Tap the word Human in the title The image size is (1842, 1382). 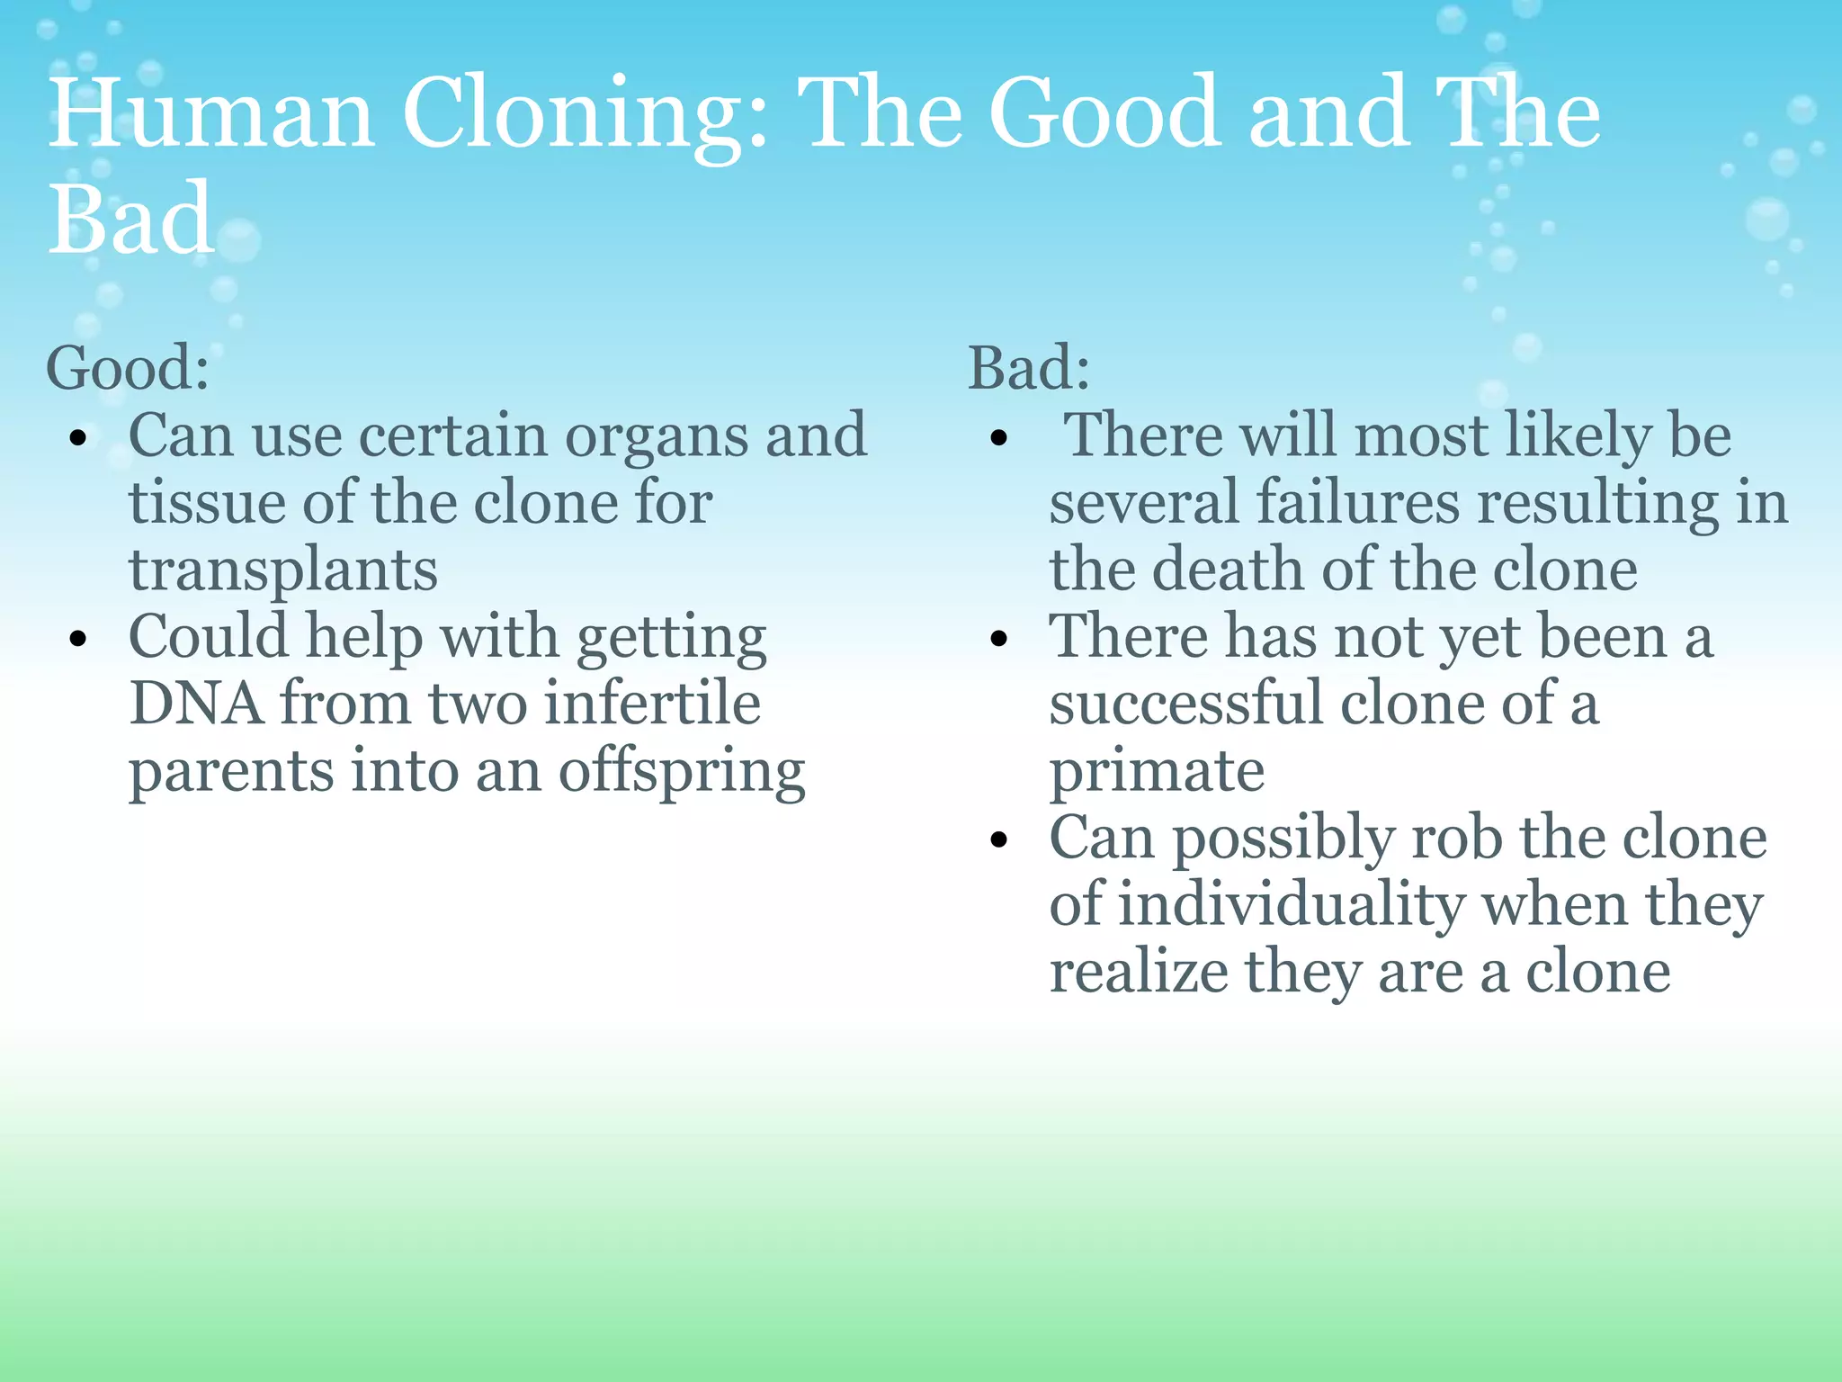[211, 115]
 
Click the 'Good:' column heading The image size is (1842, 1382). [128, 368]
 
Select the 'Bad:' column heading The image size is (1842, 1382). [1029, 368]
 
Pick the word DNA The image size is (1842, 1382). [196, 703]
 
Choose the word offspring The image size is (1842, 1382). [682, 773]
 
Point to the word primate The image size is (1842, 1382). [1157, 773]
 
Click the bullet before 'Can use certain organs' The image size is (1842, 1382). [79, 439]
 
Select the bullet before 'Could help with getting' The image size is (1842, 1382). [79, 640]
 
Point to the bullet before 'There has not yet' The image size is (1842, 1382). [999, 640]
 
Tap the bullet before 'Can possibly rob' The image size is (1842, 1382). [999, 840]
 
